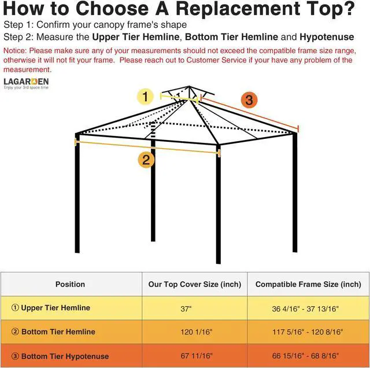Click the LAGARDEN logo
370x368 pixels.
pos(26,82)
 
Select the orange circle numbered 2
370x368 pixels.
pos(146,160)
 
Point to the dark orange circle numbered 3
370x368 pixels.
pos(249,100)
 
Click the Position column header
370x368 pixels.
pos(70,284)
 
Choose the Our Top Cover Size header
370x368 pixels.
pos(194,284)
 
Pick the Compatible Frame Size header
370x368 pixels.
pos(308,284)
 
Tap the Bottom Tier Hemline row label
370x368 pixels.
pos(53,332)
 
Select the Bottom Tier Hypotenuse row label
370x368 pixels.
pos(60,356)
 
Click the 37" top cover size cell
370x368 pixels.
pos(186,309)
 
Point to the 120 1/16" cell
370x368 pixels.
pos(196,332)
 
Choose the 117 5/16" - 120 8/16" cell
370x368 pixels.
pos(306,332)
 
